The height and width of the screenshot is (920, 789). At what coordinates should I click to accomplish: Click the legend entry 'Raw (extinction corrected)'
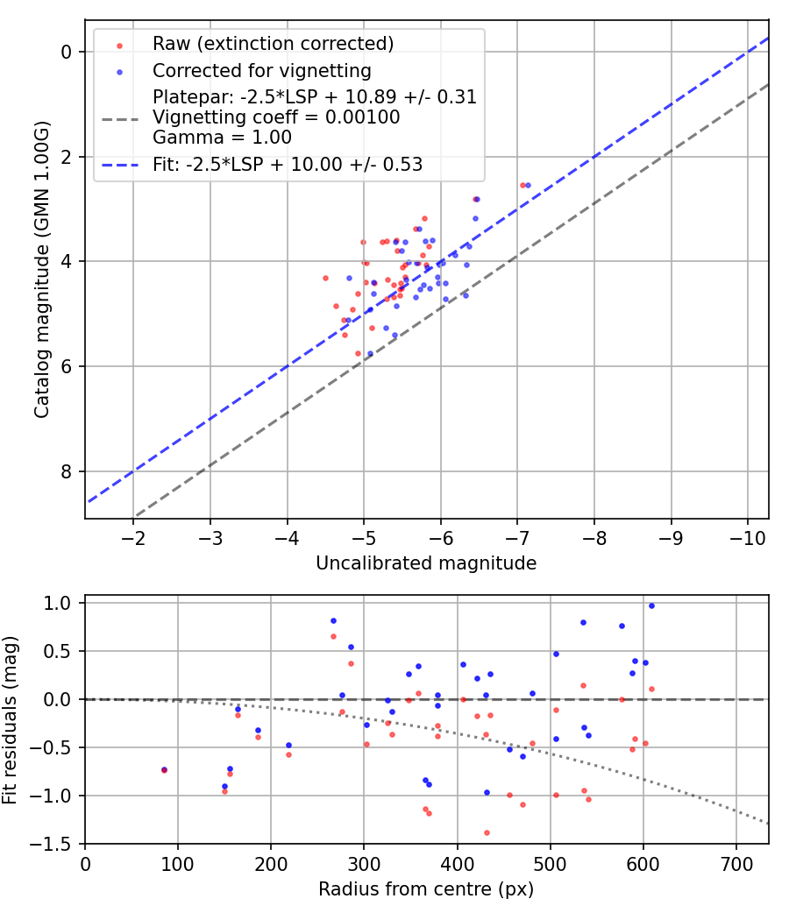click(x=273, y=44)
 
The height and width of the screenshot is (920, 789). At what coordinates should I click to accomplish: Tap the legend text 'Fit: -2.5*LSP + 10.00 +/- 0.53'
click(x=288, y=165)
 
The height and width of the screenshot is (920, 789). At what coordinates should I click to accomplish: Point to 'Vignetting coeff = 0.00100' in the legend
click(x=276, y=117)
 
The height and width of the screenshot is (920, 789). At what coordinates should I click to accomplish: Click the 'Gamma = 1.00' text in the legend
click(x=222, y=138)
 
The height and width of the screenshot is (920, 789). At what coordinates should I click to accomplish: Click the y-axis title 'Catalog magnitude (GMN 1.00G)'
click(x=41, y=268)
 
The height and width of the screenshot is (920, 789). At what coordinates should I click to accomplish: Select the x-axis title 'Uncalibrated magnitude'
click(x=426, y=563)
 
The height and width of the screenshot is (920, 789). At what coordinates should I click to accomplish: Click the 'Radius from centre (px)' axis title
click(x=426, y=889)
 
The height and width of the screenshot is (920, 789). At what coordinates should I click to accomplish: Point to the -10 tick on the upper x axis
click(x=747, y=536)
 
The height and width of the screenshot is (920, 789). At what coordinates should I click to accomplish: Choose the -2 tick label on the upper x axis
click(x=133, y=536)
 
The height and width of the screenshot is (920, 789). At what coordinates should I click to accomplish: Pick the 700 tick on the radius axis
click(x=736, y=862)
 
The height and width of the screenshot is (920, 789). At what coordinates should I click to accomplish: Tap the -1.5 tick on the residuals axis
click(x=59, y=843)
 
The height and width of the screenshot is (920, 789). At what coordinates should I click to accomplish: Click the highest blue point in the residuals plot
click(x=651, y=605)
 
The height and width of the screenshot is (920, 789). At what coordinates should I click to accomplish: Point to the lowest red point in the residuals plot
click(x=487, y=832)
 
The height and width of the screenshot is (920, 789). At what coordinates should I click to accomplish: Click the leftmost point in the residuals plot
click(x=164, y=770)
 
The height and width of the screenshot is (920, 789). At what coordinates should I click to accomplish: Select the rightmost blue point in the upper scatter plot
click(x=528, y=185)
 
